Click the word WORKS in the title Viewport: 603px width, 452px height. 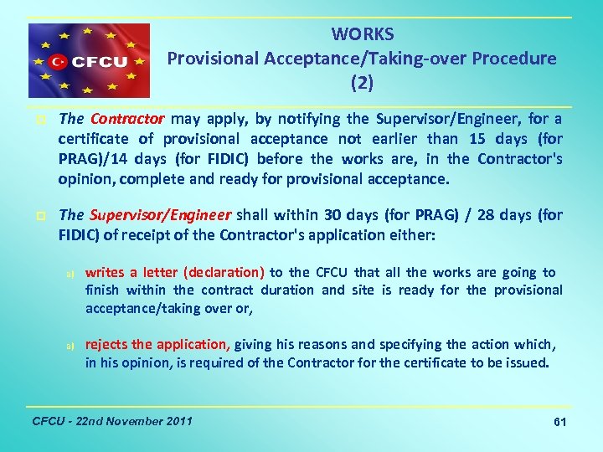(x=362, y=34)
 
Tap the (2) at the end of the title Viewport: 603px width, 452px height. (x=362, y=83)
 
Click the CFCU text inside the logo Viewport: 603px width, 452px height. (x=98, y=62)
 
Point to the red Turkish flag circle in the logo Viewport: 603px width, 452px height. (x=59, y=62)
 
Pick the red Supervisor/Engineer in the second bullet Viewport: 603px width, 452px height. (x=159, y=215)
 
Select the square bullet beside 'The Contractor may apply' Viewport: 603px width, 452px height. (x=40, y=120)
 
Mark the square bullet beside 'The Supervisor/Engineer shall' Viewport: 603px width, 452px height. (x=40, y=216)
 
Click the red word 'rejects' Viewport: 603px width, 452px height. (x=107, y=344)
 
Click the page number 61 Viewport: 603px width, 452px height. (x=560, y=423)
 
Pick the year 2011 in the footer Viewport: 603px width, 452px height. (x=177, y=420)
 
